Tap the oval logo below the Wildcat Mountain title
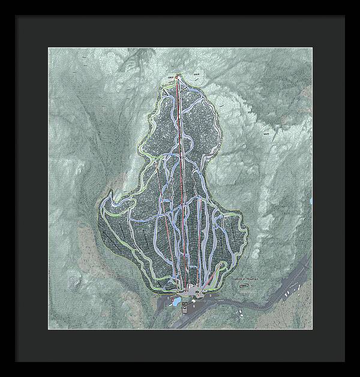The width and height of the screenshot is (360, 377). coord(245,286)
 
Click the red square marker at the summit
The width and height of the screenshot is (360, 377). coord(177,77)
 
